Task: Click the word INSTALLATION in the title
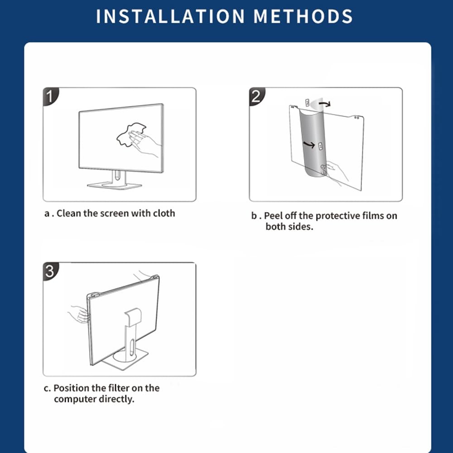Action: (x=170, y=16)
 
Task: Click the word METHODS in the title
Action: (x=303, y=16)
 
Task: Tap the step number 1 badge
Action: (x=50, y=96)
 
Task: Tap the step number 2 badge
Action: (x=256, y=96)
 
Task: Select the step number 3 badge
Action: (x=50, y=271)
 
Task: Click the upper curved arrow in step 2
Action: (x=326, y=103)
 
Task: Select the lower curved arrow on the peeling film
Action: (x=308, y=144)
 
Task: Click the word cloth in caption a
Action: (x=164, y=213)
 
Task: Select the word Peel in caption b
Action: (x=273, y=216)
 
